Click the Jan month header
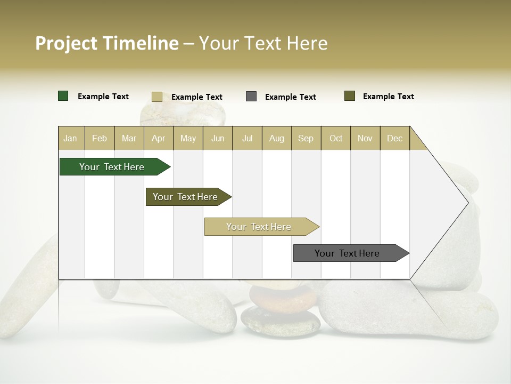pyautogui.click(x=70, y=138)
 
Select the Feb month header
pyautogui.click(x=100, y=138)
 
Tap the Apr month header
pyautogui.click(x=158, y=138)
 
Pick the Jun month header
pyautogui.click(x=218, y=138)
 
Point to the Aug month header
pyautogui.click(x=276, y=138)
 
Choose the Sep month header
pyautogui.click(x=306, y=138)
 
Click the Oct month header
pyautogui.click(x=336, y=138)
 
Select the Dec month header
pyautogui.click(x=394, y=138)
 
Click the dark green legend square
pyautogui.click(x=63, y=96)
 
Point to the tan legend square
pyautogui.click(x=156, y=97)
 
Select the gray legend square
pyautogui.click(x=251, y=97)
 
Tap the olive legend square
pyautogui.click(x=350, y=96)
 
